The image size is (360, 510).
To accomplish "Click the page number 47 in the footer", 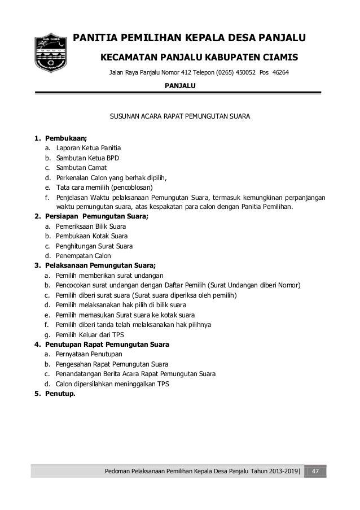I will pos(317,472).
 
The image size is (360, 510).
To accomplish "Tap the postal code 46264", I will pos(279,73).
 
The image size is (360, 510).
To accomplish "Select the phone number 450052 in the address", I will pos(242,73).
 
